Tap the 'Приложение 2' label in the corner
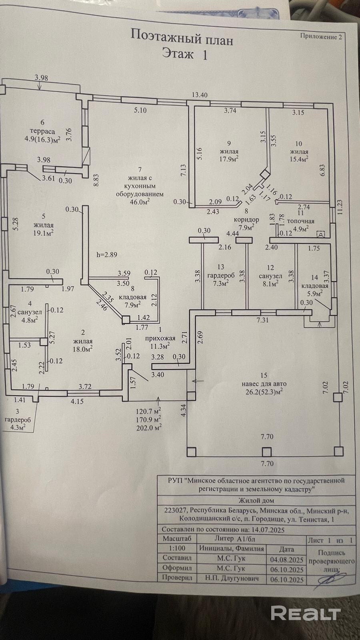coord(321,36)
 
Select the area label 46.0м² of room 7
coord(140,202)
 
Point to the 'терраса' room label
coord(42,132)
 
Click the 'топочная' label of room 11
coord(300,221)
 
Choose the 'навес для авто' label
coord(264,384)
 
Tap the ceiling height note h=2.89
coord(107,254)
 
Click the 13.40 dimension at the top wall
coord(200,94)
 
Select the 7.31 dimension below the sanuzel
coord(262,320)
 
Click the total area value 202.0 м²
coord(148,428)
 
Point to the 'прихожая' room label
coord(160,338)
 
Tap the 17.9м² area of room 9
coord(229,158)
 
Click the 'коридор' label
coord(246,220)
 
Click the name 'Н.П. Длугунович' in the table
coord(232,578)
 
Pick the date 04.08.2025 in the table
coord(286,560)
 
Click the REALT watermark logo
coord(306,613)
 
